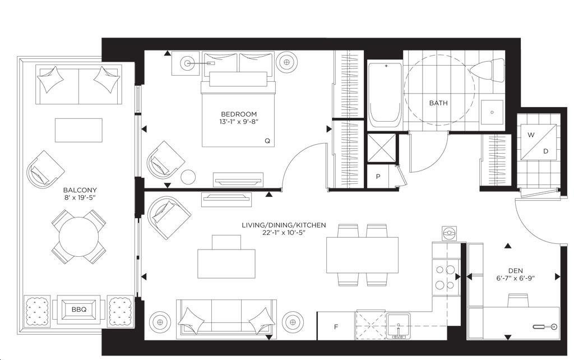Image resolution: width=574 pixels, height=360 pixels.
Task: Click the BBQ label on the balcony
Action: point(78,310)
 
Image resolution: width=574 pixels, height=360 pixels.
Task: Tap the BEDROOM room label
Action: point(239,114)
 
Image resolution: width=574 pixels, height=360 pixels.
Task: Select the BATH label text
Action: point(438,103)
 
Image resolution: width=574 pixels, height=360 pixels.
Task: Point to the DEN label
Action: point(516,271)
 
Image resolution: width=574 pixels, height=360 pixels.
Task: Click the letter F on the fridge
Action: point(336,327)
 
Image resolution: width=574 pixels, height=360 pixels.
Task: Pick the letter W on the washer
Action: point(531,135)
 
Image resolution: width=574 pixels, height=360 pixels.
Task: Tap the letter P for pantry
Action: point(378,177)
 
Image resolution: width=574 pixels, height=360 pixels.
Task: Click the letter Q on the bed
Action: point(267,141)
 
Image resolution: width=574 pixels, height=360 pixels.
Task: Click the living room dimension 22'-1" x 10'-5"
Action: point(284,232)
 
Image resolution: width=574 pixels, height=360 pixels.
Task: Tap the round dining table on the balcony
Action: point(78,237)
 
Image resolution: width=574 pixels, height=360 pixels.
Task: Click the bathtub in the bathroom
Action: point(385,95)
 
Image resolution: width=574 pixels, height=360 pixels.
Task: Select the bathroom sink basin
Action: point(492,112)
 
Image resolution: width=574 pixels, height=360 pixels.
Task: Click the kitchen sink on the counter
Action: point(399,326)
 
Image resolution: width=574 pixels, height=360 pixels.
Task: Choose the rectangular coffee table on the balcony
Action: point(78,130)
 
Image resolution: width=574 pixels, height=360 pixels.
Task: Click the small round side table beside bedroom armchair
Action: point(188,177)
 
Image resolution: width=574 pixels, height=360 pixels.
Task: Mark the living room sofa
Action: point(226,317)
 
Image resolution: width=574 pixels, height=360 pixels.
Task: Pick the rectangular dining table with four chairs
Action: point(362,255)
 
